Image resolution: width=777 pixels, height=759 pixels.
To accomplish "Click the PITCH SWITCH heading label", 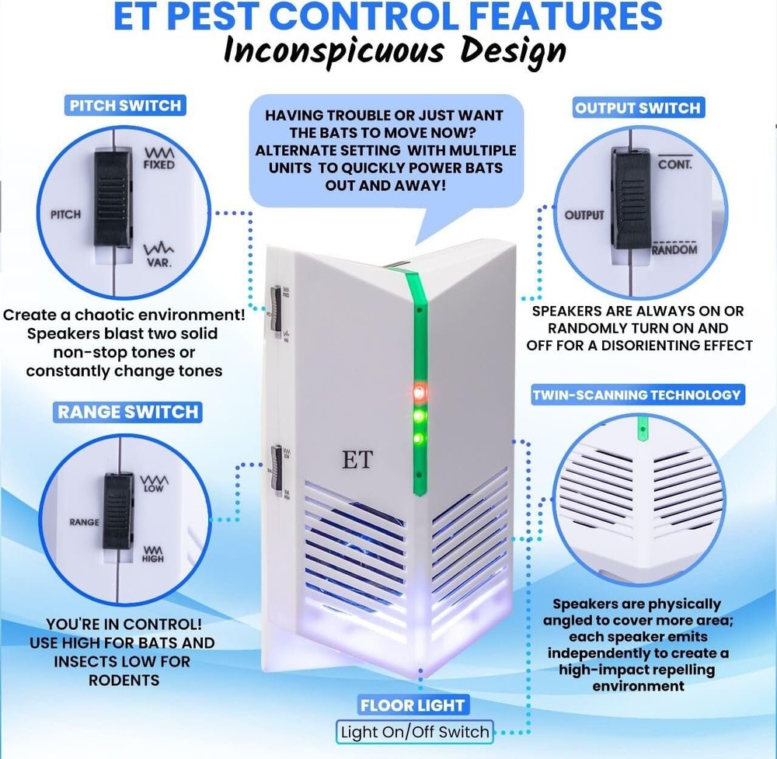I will tap(125, 105).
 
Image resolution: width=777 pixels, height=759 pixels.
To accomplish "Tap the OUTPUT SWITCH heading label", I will tap(638, 108).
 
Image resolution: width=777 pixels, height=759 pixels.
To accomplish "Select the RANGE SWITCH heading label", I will tap(127, 411).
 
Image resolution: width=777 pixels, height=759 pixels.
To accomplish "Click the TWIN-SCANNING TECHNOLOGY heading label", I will tap(636, 395).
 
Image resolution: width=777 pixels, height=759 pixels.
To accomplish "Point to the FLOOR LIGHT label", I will tap(412, 705).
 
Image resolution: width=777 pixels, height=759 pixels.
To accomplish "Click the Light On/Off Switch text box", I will tap(415, 732).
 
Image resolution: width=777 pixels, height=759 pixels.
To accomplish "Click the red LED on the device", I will tap(419, 391).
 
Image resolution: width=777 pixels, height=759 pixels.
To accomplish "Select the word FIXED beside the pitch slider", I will tap(159, 165).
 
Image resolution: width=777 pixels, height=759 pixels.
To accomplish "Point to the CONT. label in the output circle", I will tap(674, 165).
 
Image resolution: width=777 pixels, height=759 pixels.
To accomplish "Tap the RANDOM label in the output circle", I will tap(674, 250).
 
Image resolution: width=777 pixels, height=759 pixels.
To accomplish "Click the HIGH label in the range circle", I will tap(153, 558).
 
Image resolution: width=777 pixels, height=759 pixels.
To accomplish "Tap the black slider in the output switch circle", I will tap(626, 197).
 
